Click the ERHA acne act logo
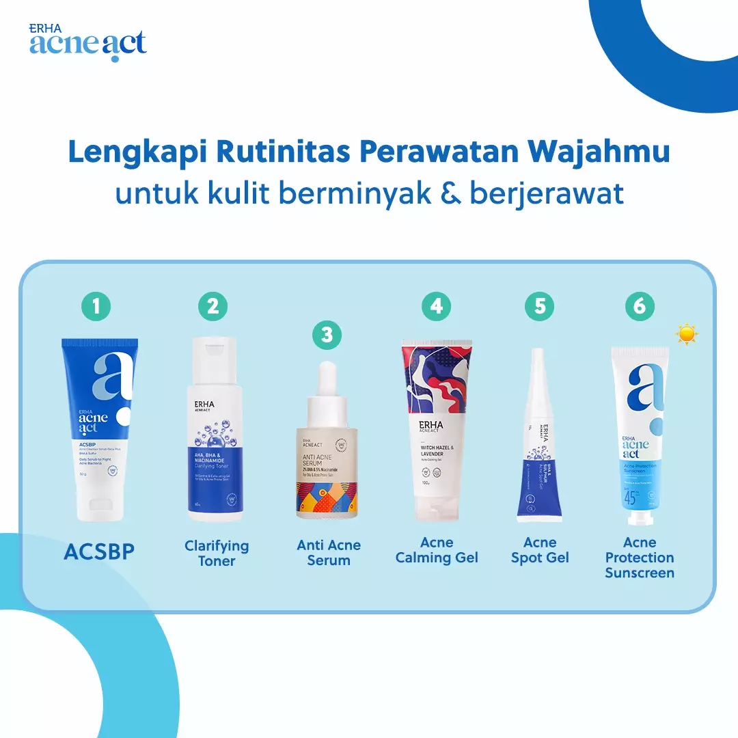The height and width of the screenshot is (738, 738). (x=87, y=42)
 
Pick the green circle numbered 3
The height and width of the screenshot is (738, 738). (x=327, y=334)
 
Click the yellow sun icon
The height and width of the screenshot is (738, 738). (x=686, y=333)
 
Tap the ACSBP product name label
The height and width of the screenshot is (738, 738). (x=99, y=552)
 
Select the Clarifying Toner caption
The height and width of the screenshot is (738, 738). (x=217, y=553)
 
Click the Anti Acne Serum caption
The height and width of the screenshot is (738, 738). (x=329, y=553)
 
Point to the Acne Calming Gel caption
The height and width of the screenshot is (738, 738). (x=437, y=550)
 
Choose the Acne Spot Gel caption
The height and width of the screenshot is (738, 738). (x=540, y=550)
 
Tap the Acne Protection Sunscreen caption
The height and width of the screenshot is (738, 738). (x=640, y=558)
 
